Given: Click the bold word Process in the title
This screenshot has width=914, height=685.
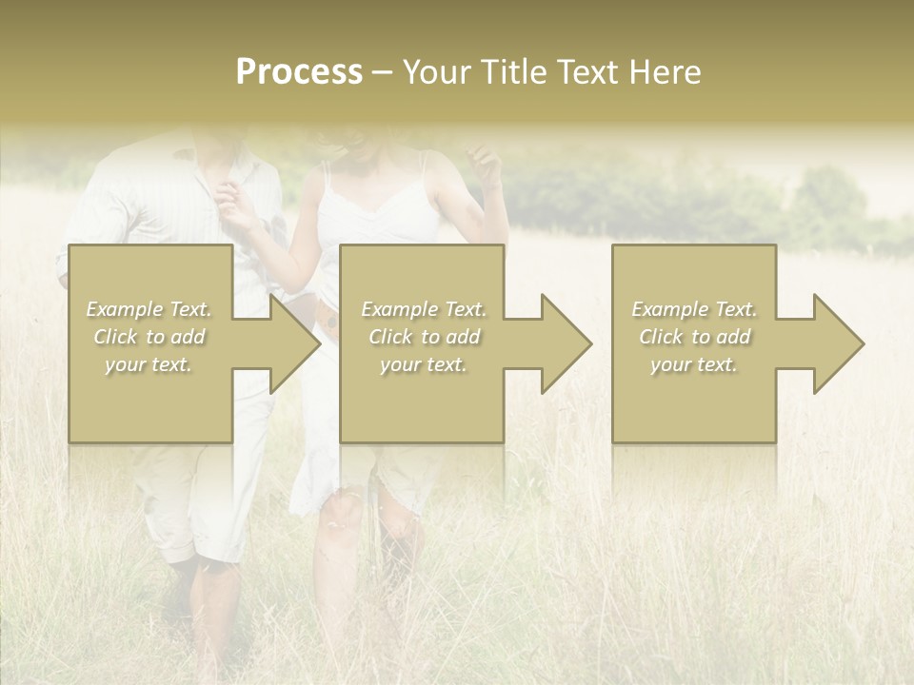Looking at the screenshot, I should pos(299,72).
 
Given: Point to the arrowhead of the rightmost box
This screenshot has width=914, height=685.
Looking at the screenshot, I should pos(837,343).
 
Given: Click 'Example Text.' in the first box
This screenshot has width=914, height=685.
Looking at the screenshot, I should pos(149,309).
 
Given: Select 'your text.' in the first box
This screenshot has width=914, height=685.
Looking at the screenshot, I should pos(149,364).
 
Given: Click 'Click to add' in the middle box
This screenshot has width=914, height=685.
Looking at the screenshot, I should pos(424,337).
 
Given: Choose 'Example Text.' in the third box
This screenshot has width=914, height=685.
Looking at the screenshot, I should pos(694,309).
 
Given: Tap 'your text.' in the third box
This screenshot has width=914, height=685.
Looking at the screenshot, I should pos(694,364).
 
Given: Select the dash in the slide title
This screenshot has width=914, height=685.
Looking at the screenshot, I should pos(382,72).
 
